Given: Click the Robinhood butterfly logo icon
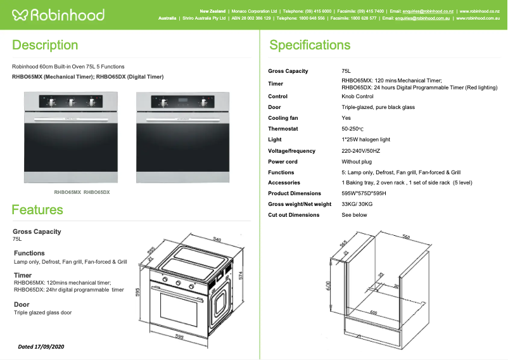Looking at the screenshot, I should pos(20,15).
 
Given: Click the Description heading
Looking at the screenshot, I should pos(45,46).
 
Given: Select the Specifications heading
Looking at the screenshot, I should pos(310,46).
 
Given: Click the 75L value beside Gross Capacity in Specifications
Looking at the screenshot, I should pos(346,71).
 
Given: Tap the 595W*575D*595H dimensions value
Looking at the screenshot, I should pos(364,193).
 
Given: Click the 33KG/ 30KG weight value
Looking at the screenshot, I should pos(357,204).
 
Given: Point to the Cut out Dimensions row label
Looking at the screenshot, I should pos(294,215).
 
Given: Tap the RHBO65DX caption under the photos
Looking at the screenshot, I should pos(97,191).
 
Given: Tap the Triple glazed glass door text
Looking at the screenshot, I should pos(43,312).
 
